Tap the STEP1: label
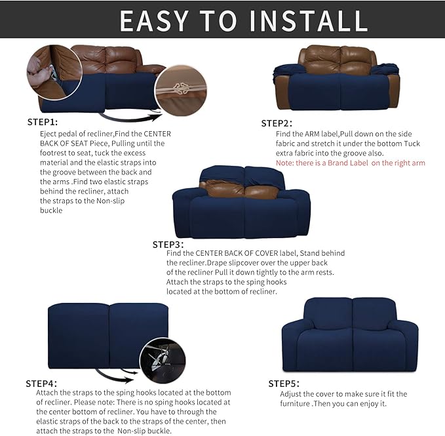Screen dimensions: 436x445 coord(43,122)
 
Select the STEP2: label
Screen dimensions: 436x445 coord(277,123)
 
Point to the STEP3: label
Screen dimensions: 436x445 coord(168,244)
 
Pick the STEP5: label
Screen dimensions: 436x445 coord(284,383)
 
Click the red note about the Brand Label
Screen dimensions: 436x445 coord(350,163)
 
